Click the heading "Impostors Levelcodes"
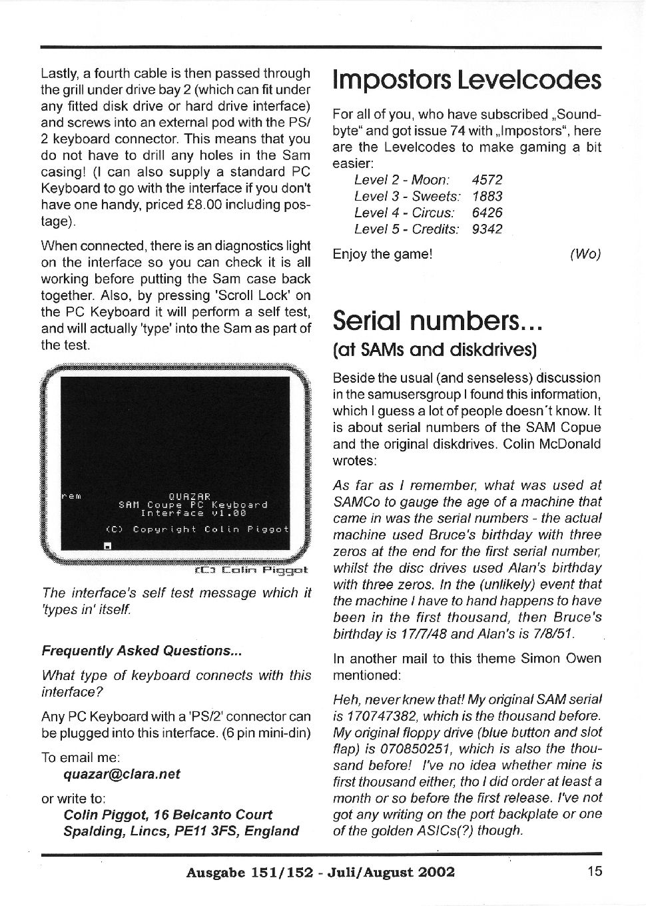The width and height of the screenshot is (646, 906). (467, 80)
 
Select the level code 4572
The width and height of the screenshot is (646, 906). (487, 180)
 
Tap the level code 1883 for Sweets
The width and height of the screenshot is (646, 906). (487, 197)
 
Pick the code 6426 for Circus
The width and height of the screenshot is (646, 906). (487, 213)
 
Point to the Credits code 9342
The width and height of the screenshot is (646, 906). (487, 229)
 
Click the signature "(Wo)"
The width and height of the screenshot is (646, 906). (585, 254)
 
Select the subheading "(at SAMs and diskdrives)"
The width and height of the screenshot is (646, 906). (435, 349)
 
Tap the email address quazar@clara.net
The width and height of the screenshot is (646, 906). (122, 775)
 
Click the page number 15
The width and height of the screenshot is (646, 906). (595, 871)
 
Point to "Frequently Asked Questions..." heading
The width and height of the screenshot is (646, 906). (141, 651)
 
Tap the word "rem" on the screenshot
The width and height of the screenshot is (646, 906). (71, 497)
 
